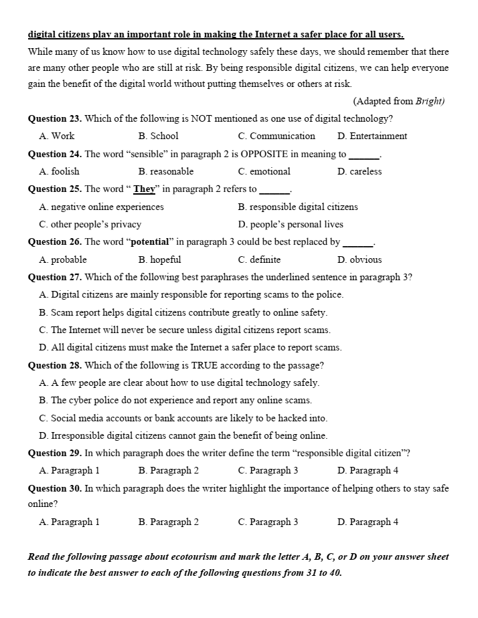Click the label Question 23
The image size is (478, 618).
tap(54, 119)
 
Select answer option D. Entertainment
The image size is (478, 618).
tap(372, 136)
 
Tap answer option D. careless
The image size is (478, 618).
tap(360, 172)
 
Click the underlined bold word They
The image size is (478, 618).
tap(144, 189)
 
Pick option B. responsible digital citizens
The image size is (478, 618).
tap(298, 207)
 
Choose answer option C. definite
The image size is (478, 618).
tap(259, 260)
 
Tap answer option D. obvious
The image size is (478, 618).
tap(360, 260)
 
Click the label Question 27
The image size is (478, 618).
tap(54, 278)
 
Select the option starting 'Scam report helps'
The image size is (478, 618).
tap(183, 312)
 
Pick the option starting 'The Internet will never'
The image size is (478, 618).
tap(185, 330)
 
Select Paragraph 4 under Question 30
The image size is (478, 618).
tap(368, 522)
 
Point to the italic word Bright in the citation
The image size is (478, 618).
tap(429, 102)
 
